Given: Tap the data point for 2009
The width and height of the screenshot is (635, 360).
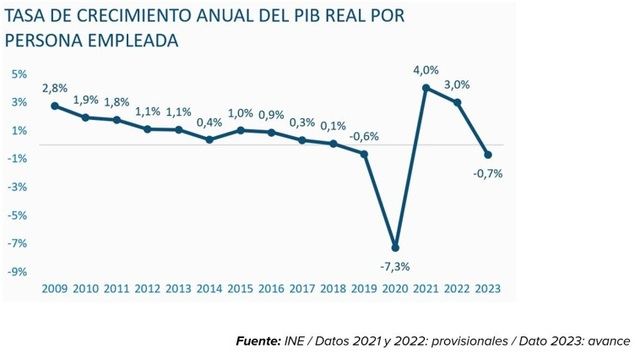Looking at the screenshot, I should pyautogui.click(x=54, y=105).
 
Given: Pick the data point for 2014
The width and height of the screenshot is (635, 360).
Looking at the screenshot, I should pyautogui.click(x=209, y=139).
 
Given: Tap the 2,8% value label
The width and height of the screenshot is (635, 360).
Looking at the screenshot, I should pyautogui.click(x=54, y=88).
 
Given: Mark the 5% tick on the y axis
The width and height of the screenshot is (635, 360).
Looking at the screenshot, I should pyautogui.click(x=19, y=74).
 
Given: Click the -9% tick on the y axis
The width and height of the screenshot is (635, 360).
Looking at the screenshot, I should pyautogui.click(x=18, y=271).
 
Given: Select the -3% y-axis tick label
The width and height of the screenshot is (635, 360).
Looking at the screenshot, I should pyautogui.click(x=18, y=187).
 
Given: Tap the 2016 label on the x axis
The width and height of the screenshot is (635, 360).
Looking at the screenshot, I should pyautogui.click(x=270, y=289).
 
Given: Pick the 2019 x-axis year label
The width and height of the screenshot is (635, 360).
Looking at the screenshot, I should pyautogui.click(x=364, y=289).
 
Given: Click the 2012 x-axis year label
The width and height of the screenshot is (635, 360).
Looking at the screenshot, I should pyautogui.click(x=146, y=289).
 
